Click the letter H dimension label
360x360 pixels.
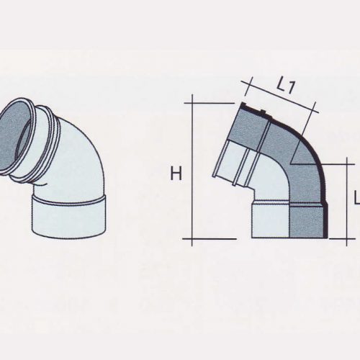176,174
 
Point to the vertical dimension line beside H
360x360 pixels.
192,170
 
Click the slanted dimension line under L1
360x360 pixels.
280,97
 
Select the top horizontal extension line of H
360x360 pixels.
209,103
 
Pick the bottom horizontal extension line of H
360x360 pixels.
210,239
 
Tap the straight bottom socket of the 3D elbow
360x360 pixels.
69,216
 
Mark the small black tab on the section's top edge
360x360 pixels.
263,112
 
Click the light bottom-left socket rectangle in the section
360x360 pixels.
271,220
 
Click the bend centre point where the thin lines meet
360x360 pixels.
290,164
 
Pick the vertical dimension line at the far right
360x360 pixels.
347,202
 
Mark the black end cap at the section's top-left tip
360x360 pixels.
245,105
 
